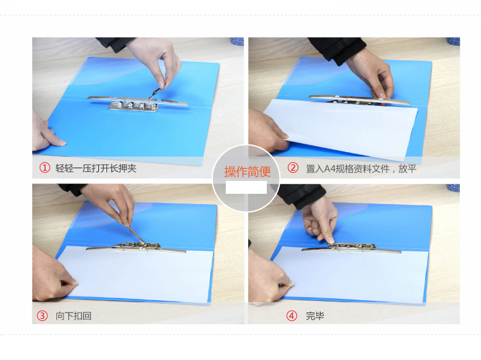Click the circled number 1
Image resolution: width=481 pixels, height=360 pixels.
tap(44, 168)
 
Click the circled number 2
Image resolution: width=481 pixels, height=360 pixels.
tap(292, 167)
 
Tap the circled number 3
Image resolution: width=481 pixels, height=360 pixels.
tap(42, 316)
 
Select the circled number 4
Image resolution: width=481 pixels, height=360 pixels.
tap(291, 316)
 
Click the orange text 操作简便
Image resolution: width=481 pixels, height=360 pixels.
tap(248, 171)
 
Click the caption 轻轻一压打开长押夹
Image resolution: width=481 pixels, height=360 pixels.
tap(96, 168)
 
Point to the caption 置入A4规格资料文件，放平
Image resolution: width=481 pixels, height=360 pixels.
tap(360, 169)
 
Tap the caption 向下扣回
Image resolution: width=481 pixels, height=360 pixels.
tap(73, 316)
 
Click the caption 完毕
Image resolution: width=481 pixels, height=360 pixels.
tap(315, 316)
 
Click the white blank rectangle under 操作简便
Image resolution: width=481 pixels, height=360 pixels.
tap(246, 187)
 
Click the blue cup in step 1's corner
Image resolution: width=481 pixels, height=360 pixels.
tap(237, 41)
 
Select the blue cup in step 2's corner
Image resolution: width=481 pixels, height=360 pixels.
tap(453, 41)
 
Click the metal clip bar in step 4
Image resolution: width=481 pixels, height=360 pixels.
tap(351, 248)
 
